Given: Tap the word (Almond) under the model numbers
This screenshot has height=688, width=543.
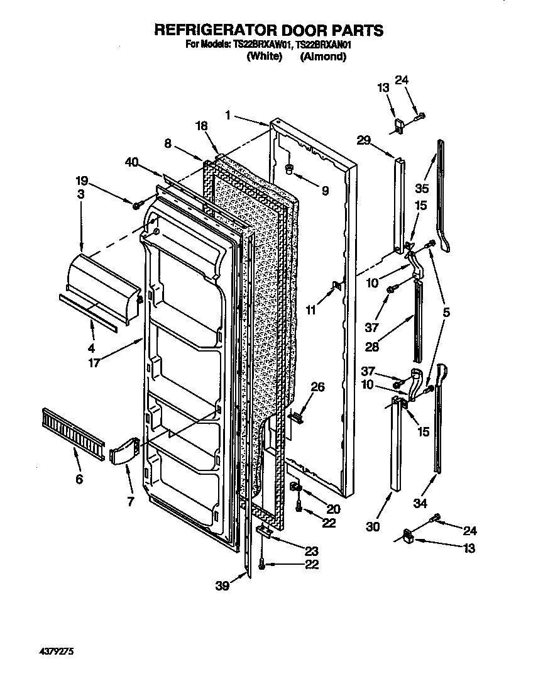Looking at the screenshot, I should tap(323, 57).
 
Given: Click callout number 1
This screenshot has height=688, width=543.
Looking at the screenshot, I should tap(228, 114).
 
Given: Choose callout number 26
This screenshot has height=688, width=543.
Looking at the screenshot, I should tap(318, 387).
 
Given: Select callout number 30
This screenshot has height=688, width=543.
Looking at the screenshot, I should tap(373, 527).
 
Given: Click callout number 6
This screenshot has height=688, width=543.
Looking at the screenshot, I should tap(79, 479).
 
